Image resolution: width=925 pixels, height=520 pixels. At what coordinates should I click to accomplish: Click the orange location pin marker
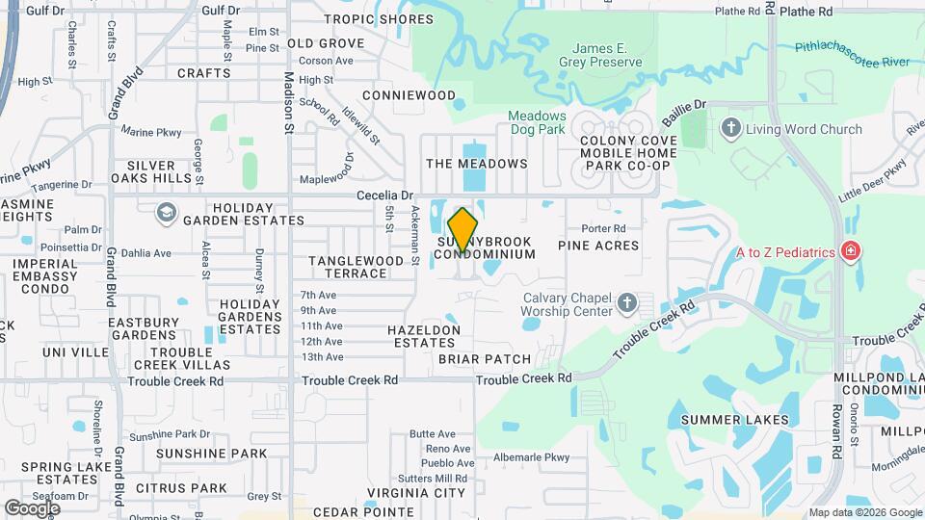coord(463,229)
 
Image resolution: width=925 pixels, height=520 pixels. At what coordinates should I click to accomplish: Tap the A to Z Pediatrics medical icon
coord(850,252)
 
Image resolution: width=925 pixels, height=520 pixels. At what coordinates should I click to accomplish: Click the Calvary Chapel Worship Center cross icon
coord(627,304)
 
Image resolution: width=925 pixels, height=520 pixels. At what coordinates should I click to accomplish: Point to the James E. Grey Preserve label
coord(607,55)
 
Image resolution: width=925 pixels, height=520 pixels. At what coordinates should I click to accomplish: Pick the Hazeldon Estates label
coord(424,337)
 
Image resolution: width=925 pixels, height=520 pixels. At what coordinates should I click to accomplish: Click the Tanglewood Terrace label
coord(356,267)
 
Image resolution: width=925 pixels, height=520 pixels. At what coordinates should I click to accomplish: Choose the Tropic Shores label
coord(365,19)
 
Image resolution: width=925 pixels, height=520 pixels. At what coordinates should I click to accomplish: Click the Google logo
coord(32,507)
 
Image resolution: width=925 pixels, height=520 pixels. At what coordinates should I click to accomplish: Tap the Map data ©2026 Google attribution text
coord(864,512)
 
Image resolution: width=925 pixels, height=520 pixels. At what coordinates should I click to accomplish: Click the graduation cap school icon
coord(166,212)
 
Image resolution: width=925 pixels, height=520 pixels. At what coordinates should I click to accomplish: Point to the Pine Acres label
coord(598,246)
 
